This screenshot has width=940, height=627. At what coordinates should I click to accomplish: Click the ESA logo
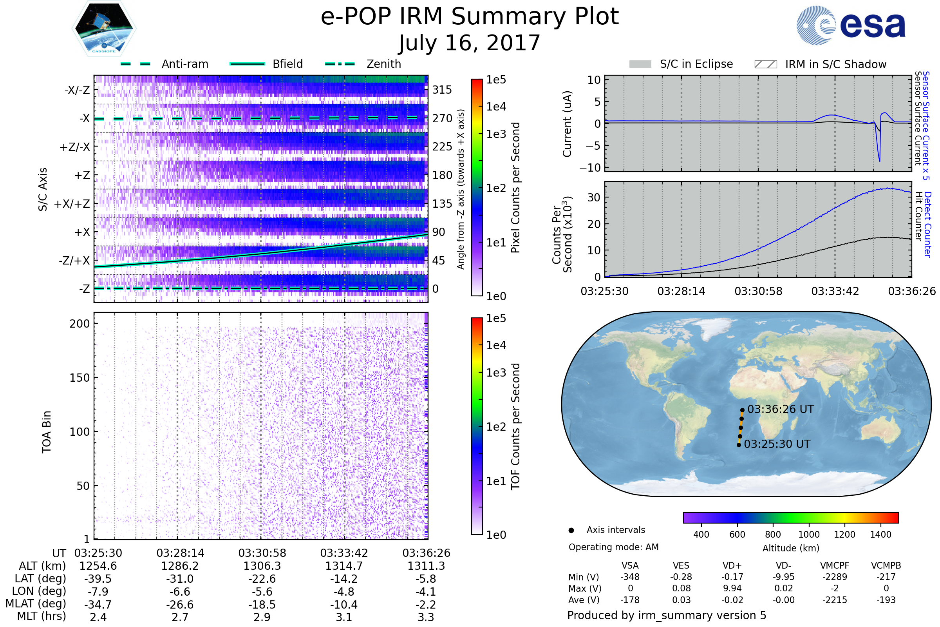(851, 25)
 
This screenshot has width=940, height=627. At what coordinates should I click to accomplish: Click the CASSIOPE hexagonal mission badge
(104, 28)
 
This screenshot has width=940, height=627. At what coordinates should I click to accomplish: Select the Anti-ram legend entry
(164, 64)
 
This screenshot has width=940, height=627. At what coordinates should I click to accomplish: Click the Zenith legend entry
(363, 64)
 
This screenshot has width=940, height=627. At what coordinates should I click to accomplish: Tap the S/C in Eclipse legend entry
(681, 64)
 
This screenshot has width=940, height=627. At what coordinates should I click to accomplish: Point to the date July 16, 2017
(470, 43)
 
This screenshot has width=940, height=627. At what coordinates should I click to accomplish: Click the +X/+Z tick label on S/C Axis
(72, 204)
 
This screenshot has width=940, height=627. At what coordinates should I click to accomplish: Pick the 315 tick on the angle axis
(442, 90)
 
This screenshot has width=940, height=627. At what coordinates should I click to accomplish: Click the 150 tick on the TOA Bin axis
(80, 378)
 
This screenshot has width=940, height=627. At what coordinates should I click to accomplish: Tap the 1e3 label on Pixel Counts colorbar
(496, 134)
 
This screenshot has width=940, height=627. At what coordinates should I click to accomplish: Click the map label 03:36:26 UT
(781, 409)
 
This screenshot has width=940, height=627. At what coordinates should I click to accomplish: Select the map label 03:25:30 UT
(777, 444)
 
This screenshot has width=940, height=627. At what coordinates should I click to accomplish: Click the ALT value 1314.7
(344, 566)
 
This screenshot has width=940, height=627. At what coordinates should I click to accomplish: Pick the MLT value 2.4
(98, 617)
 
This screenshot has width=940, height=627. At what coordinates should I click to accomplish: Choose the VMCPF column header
(835, 565)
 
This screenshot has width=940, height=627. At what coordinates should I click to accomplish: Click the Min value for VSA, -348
(630, 577)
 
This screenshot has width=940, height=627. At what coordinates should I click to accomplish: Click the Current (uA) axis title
(567, 124)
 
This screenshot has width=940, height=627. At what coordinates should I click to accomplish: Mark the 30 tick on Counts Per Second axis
(594, 197)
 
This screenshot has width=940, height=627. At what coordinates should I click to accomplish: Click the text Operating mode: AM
(613, 547)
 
